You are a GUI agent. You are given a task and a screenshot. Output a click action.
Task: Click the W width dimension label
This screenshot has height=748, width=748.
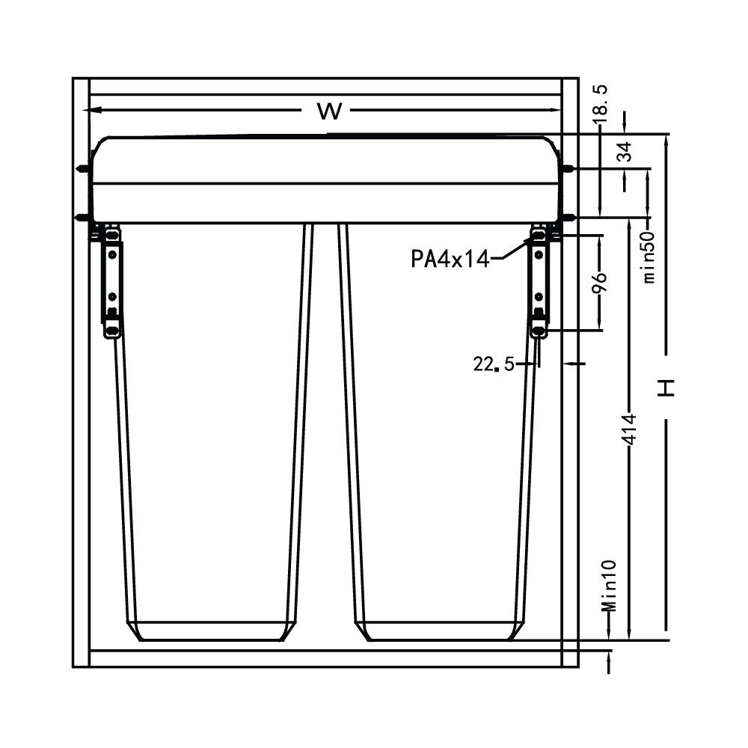pos(329,112)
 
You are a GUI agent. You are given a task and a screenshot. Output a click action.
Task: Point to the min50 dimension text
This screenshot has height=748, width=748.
pos(649,256)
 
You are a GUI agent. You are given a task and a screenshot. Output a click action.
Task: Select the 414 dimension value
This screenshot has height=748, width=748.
pos(630,430)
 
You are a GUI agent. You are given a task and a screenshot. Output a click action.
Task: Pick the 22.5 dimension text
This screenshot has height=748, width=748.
pos(494,364)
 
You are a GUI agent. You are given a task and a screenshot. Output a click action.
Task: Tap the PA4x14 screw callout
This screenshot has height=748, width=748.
pos(450,259)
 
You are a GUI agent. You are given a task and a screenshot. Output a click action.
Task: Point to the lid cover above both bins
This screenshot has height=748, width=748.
pos(325,180)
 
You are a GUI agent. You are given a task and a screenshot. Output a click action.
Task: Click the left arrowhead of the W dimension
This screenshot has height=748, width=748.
pos(91,110)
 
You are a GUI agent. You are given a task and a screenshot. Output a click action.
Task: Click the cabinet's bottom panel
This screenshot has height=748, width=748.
pos(325,658)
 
